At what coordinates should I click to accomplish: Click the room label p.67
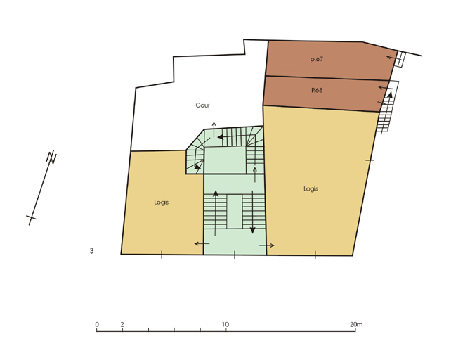317,60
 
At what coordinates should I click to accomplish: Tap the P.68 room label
317,90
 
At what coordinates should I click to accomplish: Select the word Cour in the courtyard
202,105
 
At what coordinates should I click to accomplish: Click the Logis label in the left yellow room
162,202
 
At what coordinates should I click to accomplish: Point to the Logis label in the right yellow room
311,189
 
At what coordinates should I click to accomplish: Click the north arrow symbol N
52,157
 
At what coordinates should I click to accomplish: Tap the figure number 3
91,251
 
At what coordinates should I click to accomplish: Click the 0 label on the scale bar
97,324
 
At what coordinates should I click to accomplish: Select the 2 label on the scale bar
122,324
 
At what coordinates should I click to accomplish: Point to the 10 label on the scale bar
225,324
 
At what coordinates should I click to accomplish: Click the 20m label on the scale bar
356,324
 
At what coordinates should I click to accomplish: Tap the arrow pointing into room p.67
393,58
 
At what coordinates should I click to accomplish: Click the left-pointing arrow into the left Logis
202,244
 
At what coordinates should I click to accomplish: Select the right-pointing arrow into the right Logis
267,245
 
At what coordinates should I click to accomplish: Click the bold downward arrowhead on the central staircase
252,230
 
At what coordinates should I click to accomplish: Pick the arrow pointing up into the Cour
214,129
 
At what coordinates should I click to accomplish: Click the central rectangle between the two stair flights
235,212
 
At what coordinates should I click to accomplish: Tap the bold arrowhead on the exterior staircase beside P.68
390,94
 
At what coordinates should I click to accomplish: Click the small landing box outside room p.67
400,60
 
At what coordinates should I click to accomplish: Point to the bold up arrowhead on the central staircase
216,193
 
